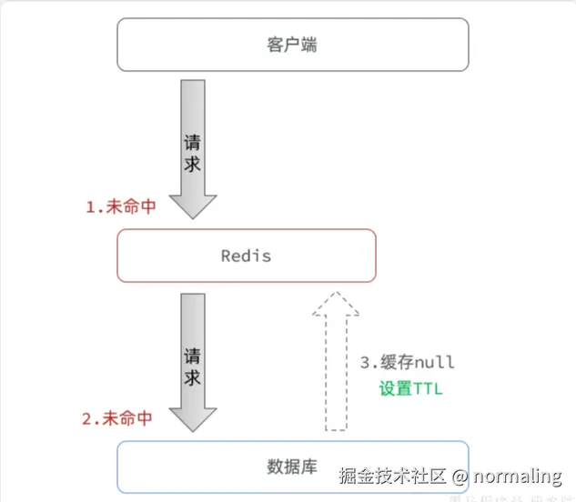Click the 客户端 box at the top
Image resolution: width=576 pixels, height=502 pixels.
tap(292, 45)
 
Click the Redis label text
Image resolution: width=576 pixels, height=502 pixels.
tap(246, 256)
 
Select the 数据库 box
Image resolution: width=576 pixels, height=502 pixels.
tap(292, 467)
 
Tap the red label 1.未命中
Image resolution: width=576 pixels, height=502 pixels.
tap(121, 206)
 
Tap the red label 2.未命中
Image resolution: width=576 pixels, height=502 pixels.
tap(117, 419)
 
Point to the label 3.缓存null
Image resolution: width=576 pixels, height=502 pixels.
tap(408, 362)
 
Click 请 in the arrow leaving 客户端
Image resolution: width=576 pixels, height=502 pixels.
tap(193, 143)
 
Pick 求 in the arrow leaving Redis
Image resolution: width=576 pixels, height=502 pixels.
tap(193, 376)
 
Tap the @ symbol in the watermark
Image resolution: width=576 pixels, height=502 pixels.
tap(460, 476)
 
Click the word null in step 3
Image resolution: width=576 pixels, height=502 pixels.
tap(434, 362)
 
